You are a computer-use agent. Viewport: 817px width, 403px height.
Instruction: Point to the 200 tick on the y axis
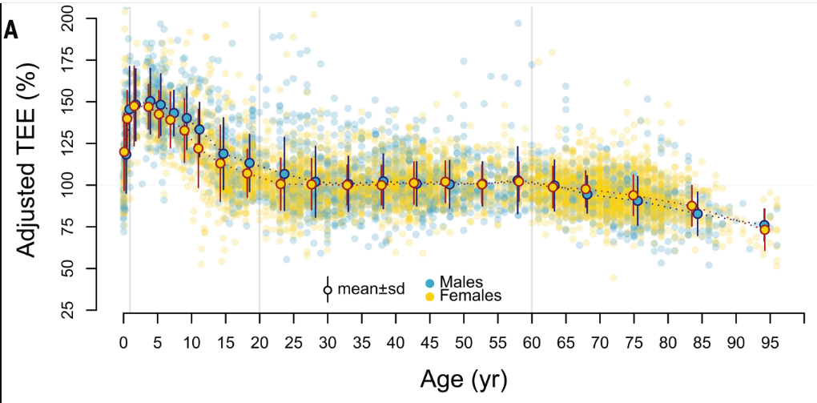tap(78, 18)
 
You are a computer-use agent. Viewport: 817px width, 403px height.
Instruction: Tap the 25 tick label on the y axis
tap(78, 309)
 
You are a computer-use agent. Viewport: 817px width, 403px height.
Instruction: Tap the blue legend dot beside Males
tap(429, 283)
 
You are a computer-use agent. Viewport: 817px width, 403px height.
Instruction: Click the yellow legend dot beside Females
tap(429, 296)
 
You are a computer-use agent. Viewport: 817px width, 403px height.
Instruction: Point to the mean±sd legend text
tap(371, 289)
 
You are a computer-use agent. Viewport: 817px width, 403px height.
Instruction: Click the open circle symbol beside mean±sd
tap(327, 290)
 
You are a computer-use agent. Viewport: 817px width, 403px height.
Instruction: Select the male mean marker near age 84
tap(698, 214)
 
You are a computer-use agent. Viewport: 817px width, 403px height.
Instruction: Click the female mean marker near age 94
tap(765, 230)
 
